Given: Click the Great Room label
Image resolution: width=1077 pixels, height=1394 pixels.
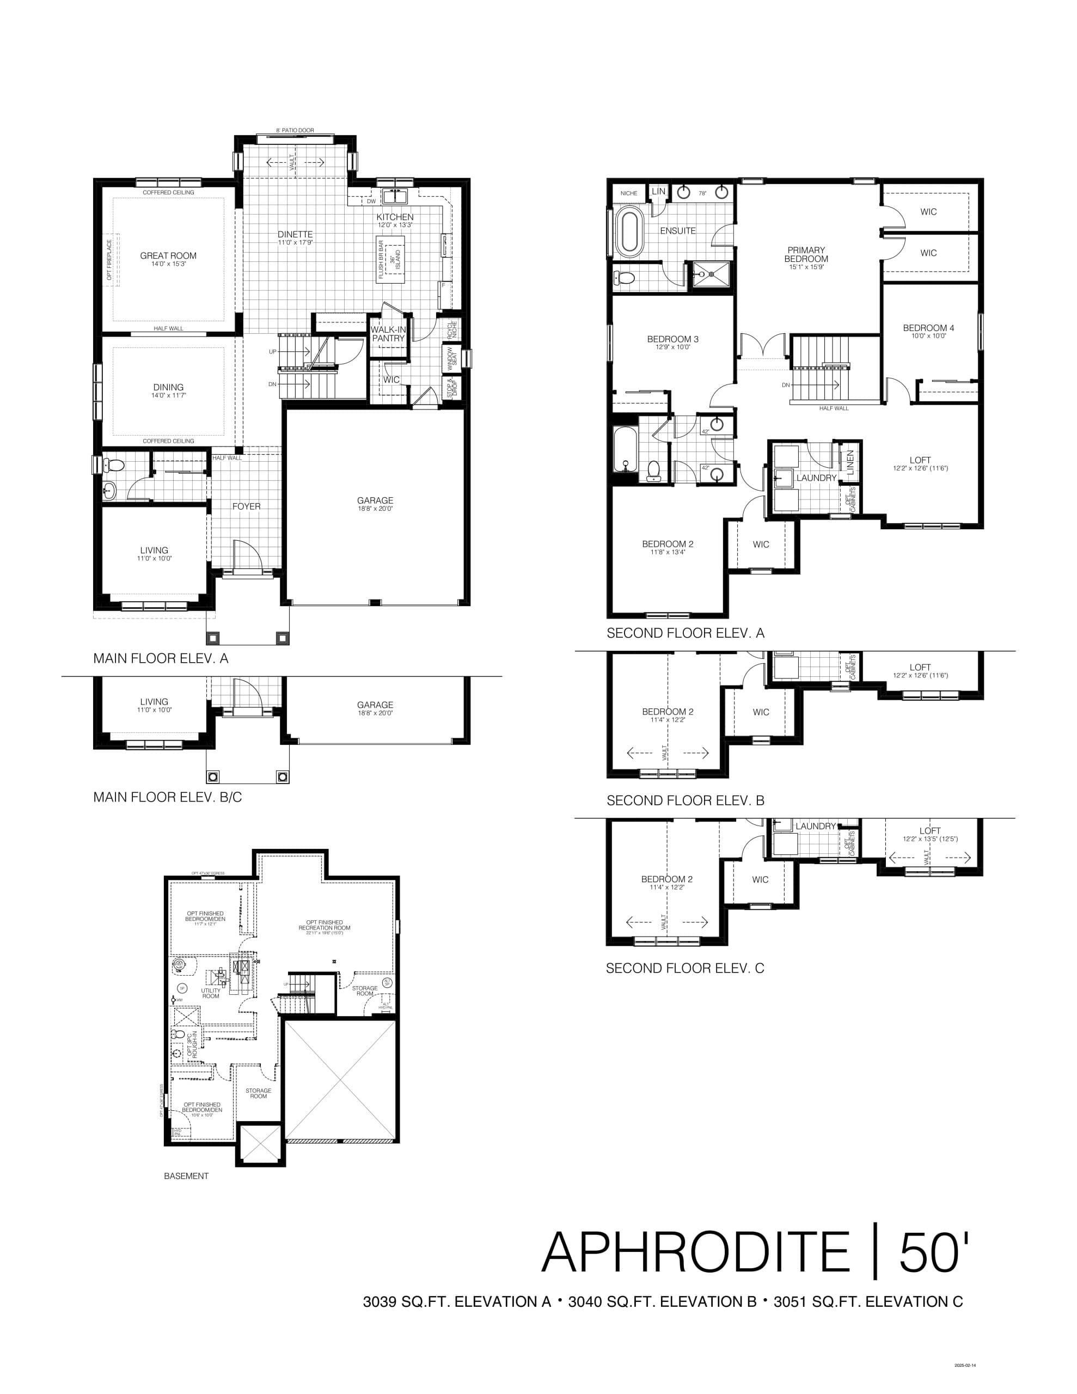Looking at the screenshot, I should pos(168,255).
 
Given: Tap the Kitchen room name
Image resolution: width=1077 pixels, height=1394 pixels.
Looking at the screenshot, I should pos(395,217).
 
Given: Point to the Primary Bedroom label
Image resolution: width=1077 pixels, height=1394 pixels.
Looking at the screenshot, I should pos(806,254).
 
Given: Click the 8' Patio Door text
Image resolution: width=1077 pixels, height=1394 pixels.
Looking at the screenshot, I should pos(295,130).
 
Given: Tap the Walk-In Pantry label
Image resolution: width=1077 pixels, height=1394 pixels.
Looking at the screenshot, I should pos(388,334).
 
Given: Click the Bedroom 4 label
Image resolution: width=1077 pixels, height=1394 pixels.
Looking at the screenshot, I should pos(928,327).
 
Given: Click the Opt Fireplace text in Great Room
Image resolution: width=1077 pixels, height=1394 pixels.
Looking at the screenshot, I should pos(109,259).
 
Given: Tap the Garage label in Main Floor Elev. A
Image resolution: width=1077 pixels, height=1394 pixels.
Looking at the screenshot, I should pos(375,500).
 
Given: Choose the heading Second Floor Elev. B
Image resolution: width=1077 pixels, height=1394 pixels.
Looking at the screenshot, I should pos(685,800).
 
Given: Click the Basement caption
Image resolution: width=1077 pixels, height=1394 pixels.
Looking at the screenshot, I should pos(186,1176).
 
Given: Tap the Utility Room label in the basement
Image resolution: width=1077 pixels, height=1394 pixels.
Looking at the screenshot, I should pos(211,993).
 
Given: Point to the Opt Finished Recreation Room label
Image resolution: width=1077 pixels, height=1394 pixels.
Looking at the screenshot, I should pos(325,925).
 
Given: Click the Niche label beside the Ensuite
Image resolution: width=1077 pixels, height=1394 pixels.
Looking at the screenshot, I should pos(629,193).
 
